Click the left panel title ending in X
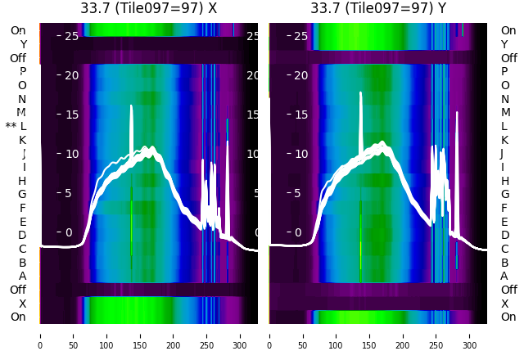tap(149, 8)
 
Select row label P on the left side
tap(22, 72)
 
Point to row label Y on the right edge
tap(505, 44)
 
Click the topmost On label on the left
tap(18, 30)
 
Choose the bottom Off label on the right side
tap(508, 290)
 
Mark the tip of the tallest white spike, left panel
tap(131, 106)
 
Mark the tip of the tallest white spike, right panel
tap(360, 92)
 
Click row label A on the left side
tap(22, 276)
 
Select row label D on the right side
tap(504, 236)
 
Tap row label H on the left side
tap(22, 181)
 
